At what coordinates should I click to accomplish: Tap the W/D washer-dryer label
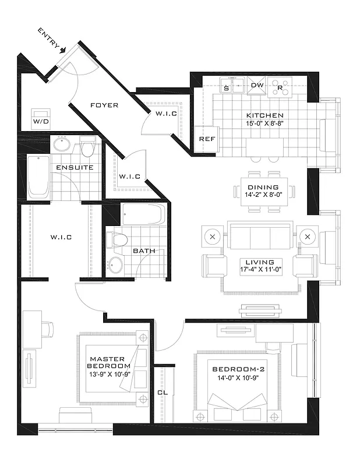(41, 122)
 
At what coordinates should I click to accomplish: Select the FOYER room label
(104, 105)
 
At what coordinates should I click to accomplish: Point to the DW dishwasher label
(257, 86)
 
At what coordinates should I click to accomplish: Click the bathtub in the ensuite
(39, 176)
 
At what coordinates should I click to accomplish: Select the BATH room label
(143, 251)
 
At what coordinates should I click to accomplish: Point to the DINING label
(263, 187)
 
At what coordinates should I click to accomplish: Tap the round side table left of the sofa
(211, 237)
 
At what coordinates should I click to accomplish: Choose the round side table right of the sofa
(308, 237)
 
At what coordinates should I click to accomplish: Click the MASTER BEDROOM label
(107, 363)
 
